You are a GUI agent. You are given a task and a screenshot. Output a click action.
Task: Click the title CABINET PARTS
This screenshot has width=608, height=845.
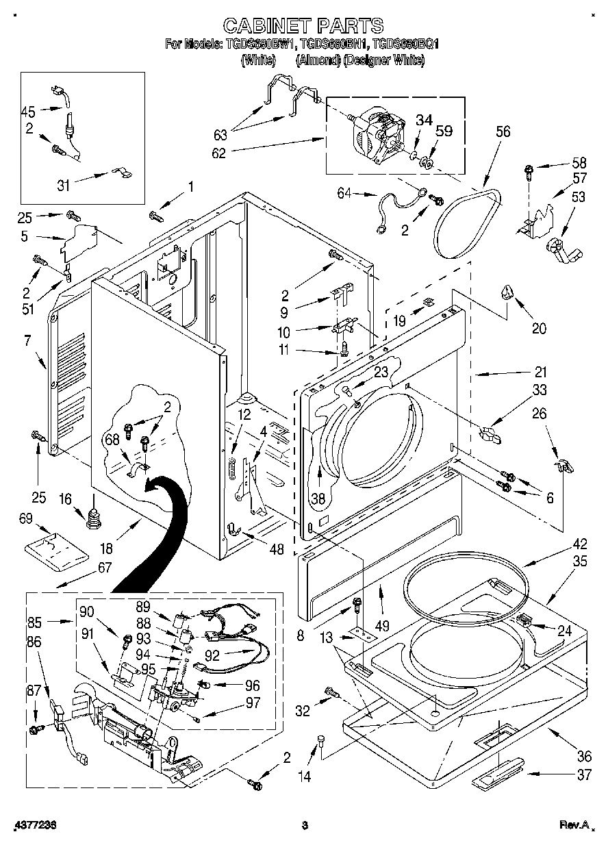coord(303,25)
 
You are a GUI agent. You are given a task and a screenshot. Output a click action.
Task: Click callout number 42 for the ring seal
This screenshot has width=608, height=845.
coord(580,545)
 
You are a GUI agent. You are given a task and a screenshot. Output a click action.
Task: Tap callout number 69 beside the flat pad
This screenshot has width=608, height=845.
coord(26,520)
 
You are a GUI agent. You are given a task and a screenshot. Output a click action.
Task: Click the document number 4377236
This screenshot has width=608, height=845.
coord(32,826)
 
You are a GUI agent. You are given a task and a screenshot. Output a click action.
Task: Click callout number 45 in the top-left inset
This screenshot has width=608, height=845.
coord(28,111)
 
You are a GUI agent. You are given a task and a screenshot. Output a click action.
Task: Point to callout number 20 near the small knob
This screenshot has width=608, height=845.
coord(540,328)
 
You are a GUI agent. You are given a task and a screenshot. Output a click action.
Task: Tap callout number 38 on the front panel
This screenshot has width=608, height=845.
coord(318,499)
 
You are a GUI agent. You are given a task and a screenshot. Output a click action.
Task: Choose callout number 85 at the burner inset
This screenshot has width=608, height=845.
coord(34,622)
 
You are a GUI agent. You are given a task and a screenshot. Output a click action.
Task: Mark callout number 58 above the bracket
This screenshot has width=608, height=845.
coord(579,163)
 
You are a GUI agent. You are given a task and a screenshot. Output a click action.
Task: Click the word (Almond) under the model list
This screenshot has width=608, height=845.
coord(318,60)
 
